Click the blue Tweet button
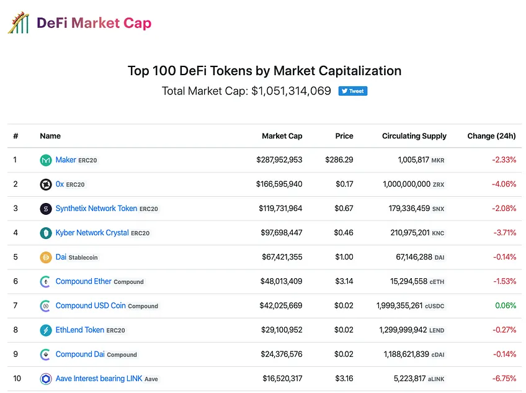pyautogui.click(x=352, y=91)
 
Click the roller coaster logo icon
pyautogui.click(x=19, y=22)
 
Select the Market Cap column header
pyautogui.click(x=282, y=136)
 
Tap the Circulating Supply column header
pyautogui.click(x=414, y=136)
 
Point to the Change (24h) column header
pyautogui.click(x=491, y=136)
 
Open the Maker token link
pyautogui.click(x=66, y=160)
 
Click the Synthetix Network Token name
pyautogui.click(x=96, y=208)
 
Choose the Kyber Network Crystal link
pyautogui.click(x=92, y=232)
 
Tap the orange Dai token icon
pyautogui.click(x=46, y=257)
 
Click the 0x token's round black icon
pyautogui.click(x=46, y=184)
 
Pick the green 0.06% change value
pyautogui.click(x=506, y=305)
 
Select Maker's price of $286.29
pyautogui.click(x=339, y=160)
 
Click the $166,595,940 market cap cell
pyautogui.click(x=279, y=184)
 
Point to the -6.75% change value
pyautogui.click(x=504, y=379)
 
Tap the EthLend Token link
pyautogui.click(x=80, y=330)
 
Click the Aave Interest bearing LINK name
pyautogui.click(x=99, y=379)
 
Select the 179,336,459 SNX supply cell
pyautogui.click(x=416, y=209)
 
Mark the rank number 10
pyautogui.click(x=17, y=379)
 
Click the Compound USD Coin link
pyautogui.click(x=91, y=305)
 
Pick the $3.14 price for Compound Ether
pyautogui.click(x=344, y=281)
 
